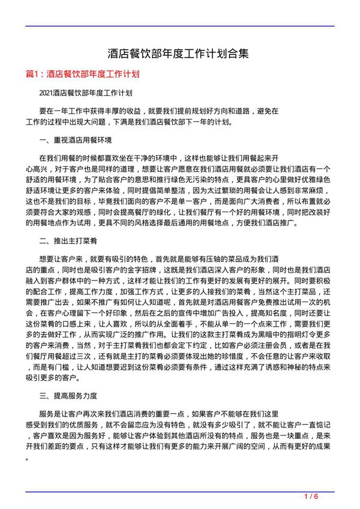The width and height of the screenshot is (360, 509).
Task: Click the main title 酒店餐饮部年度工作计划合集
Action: pos(180,55)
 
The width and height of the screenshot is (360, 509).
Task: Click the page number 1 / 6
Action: pos(311,497)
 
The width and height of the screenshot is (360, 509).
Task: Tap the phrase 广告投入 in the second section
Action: pos(220,319)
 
